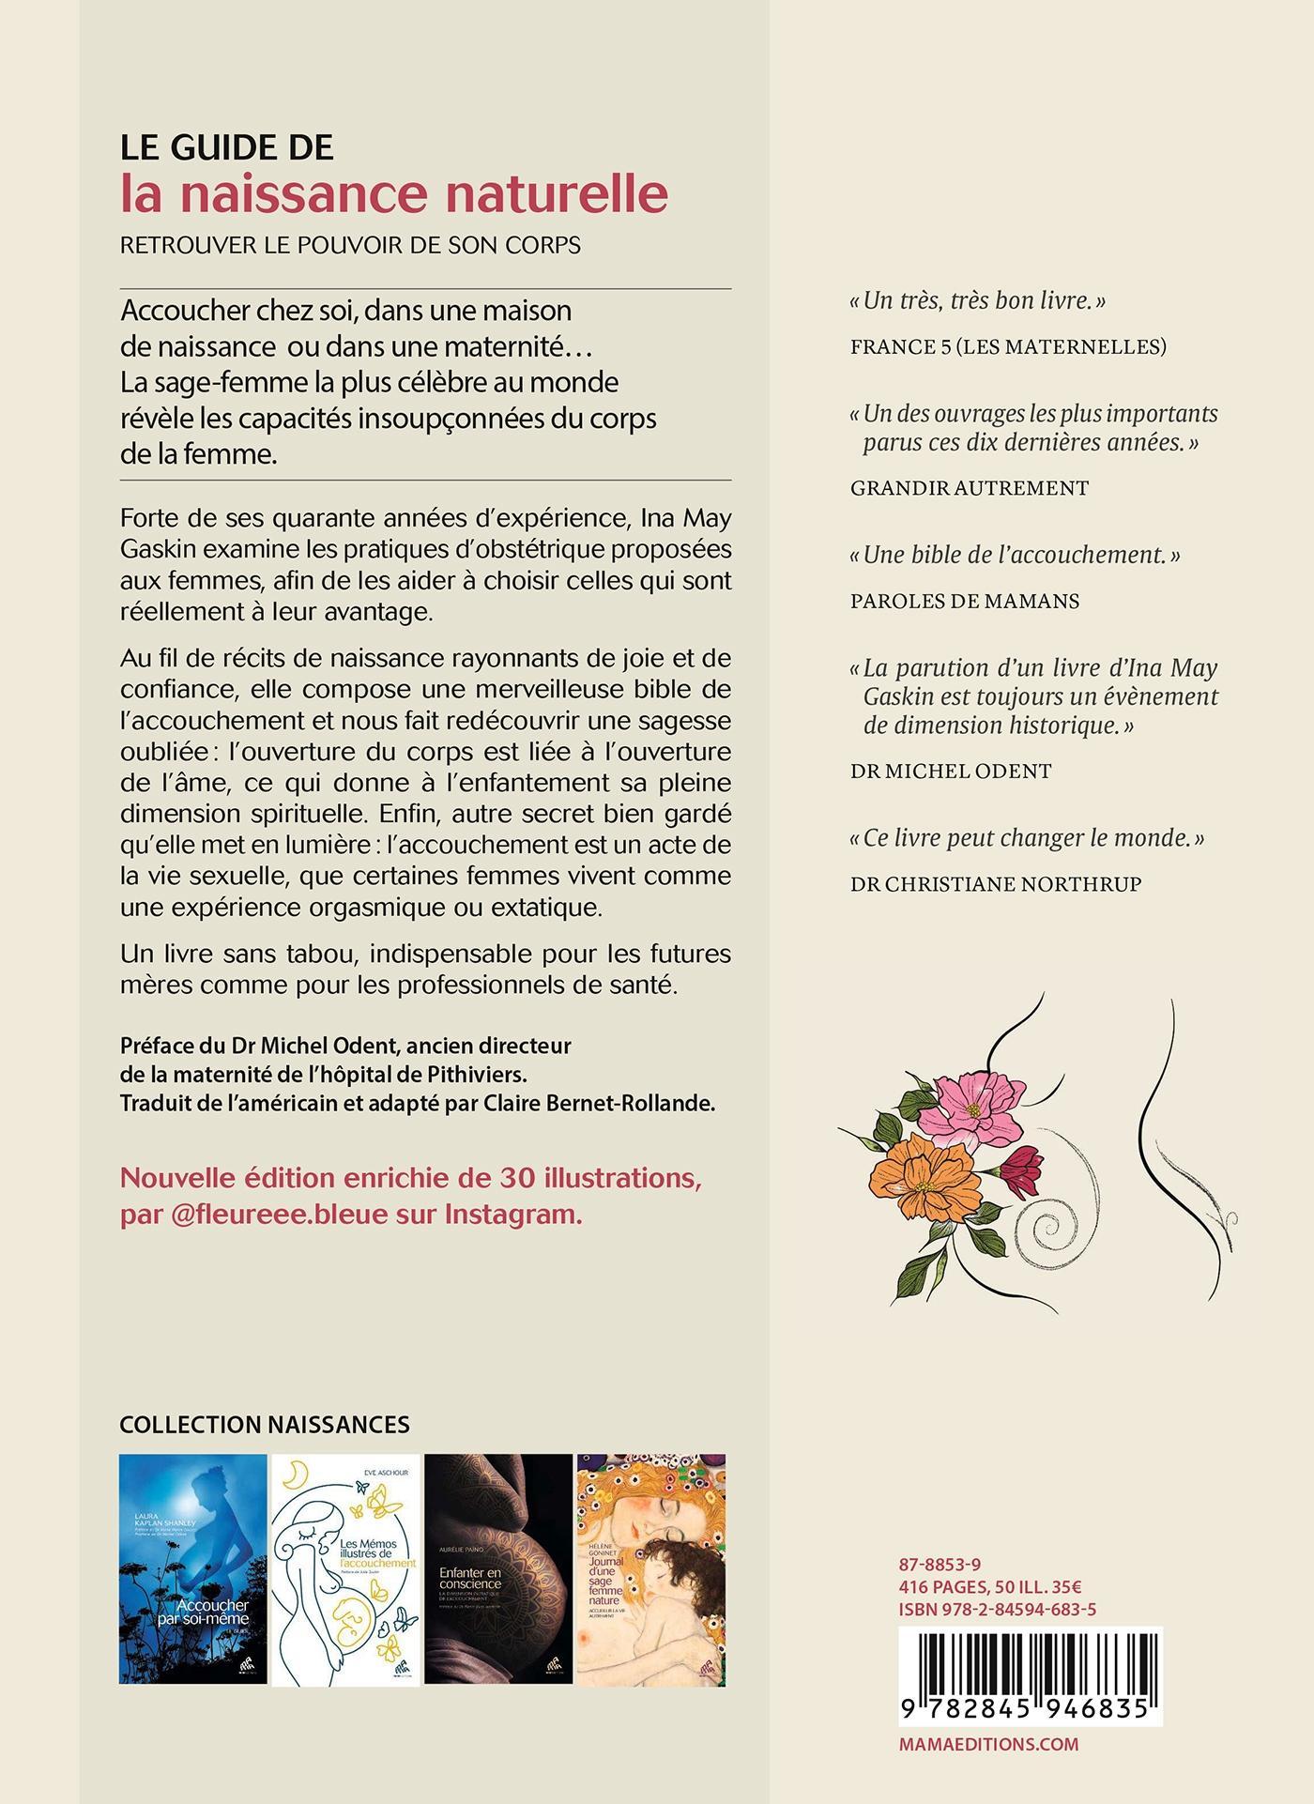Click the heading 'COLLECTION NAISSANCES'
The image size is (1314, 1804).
265,1425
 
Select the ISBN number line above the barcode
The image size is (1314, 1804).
998,1610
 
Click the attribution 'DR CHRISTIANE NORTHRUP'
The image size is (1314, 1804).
996,884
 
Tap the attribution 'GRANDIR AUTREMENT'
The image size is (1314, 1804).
970,488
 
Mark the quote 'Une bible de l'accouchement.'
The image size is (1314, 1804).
1015,555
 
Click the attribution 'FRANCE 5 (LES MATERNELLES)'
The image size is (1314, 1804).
1008,347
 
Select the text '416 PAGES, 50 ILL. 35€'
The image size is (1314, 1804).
990,1587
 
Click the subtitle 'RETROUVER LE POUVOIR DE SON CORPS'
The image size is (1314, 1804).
350,245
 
